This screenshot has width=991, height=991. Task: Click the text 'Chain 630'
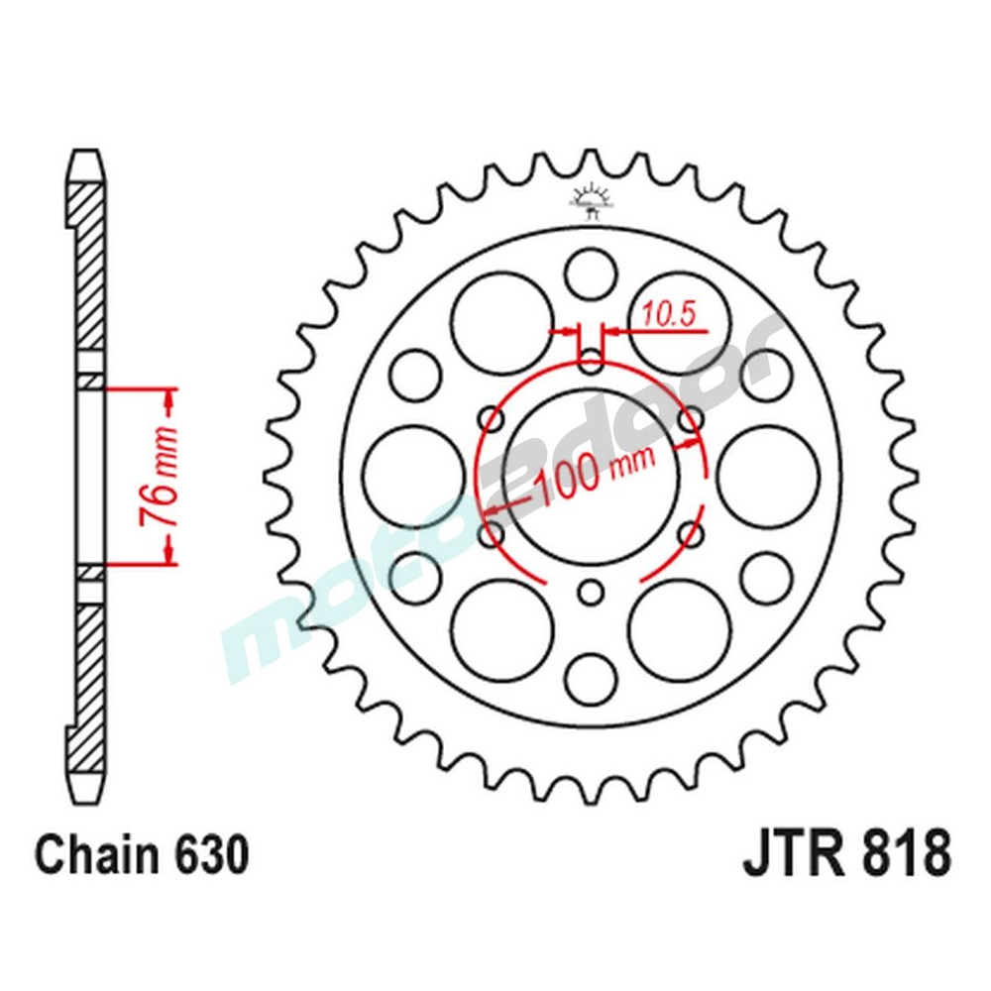pyautogui.click(x=140, y=855)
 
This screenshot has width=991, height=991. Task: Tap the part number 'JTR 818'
pyautogui.click(x=847, y=854)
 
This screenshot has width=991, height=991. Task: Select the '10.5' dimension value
pyautogui.click(x=670, y=314)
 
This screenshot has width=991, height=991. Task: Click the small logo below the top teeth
pyautogui.click(x=591, y=199)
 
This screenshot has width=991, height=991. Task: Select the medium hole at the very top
pyautogui.click(x=592, y=274)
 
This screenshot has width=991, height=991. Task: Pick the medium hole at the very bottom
pyautogui.click(x=592, y=679)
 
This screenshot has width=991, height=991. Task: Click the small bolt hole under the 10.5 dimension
pyautogui.click(x=592, y=359)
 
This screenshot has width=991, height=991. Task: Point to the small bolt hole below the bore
pyautogui.click(x=592, y=594)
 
